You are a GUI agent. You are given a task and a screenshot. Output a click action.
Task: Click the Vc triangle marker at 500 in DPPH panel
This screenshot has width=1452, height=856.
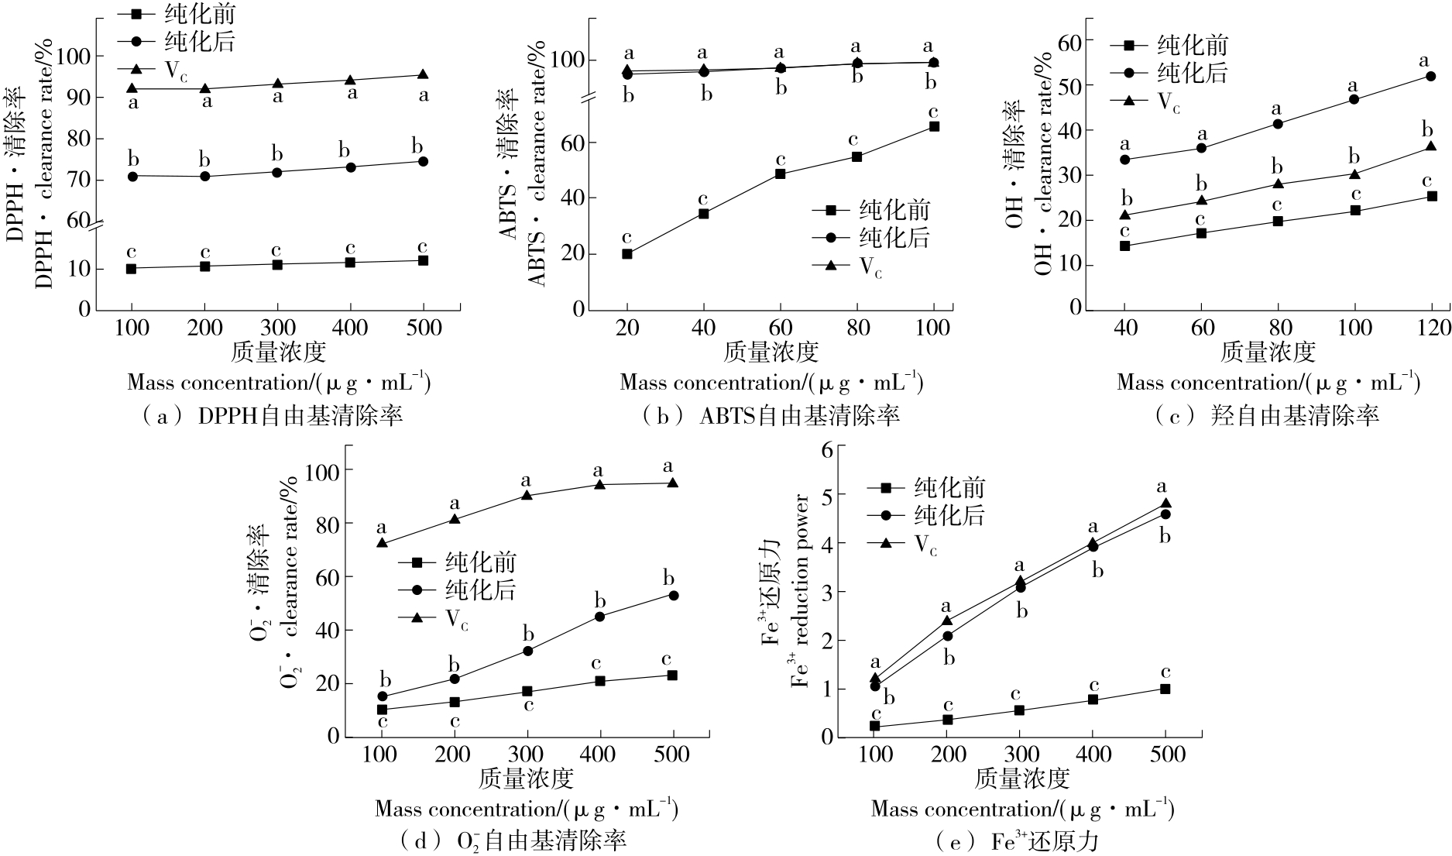[x=423, y=74]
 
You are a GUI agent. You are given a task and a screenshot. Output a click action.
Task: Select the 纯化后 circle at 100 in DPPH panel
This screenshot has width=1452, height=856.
[x=132, y=176]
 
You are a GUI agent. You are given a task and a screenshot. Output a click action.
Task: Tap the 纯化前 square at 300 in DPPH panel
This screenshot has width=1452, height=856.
[x=277, y=264]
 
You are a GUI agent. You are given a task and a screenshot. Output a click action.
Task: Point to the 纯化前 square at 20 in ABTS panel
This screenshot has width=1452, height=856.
[x=627, y=253]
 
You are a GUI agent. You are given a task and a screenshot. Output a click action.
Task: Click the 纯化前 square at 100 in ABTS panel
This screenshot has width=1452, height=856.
[x=934, y=126]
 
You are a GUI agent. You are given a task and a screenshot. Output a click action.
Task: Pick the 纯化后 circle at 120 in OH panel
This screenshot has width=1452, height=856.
[x=1431, y=76]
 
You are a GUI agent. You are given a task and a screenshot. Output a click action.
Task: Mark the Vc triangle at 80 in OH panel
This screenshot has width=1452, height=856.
[x=1278, y=184]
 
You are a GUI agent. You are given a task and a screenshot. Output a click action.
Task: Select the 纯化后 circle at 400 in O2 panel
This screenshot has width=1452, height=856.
[x=599, y=617]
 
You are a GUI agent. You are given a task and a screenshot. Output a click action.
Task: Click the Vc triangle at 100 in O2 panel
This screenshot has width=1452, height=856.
[x=382, y=543]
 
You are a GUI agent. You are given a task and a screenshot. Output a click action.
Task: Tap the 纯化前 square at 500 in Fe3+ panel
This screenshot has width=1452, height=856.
[x=1165, y=689]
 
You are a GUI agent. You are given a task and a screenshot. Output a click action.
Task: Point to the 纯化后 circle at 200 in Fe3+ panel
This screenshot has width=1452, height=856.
[x=947, y=636]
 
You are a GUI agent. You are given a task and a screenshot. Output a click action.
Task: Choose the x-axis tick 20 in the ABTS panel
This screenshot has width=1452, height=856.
[x=627, y=328]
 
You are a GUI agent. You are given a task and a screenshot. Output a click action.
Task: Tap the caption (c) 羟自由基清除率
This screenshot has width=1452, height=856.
[x=1266, y=417]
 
